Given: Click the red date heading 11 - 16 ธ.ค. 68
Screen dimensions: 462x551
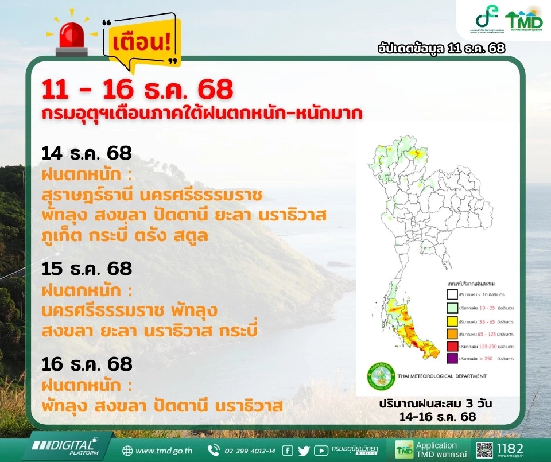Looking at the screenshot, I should tap(138, 90).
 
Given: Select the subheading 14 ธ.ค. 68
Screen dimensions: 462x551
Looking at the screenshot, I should tap(87, 153).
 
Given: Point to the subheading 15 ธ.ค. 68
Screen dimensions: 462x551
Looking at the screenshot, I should tap(87, 268).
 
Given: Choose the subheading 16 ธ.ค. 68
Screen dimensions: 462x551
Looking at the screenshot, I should tap(87, 364).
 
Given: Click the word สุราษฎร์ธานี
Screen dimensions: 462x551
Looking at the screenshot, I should tap(87, 195).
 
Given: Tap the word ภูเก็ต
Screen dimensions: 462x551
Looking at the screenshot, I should tap(63, 236).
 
